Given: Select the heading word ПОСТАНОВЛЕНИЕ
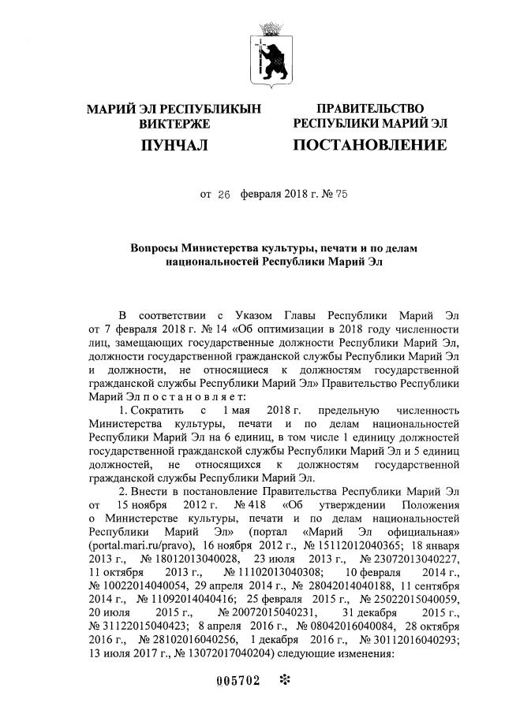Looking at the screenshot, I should click(370, 145).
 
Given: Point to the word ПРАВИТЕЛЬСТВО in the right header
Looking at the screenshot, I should click(370, 109).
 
